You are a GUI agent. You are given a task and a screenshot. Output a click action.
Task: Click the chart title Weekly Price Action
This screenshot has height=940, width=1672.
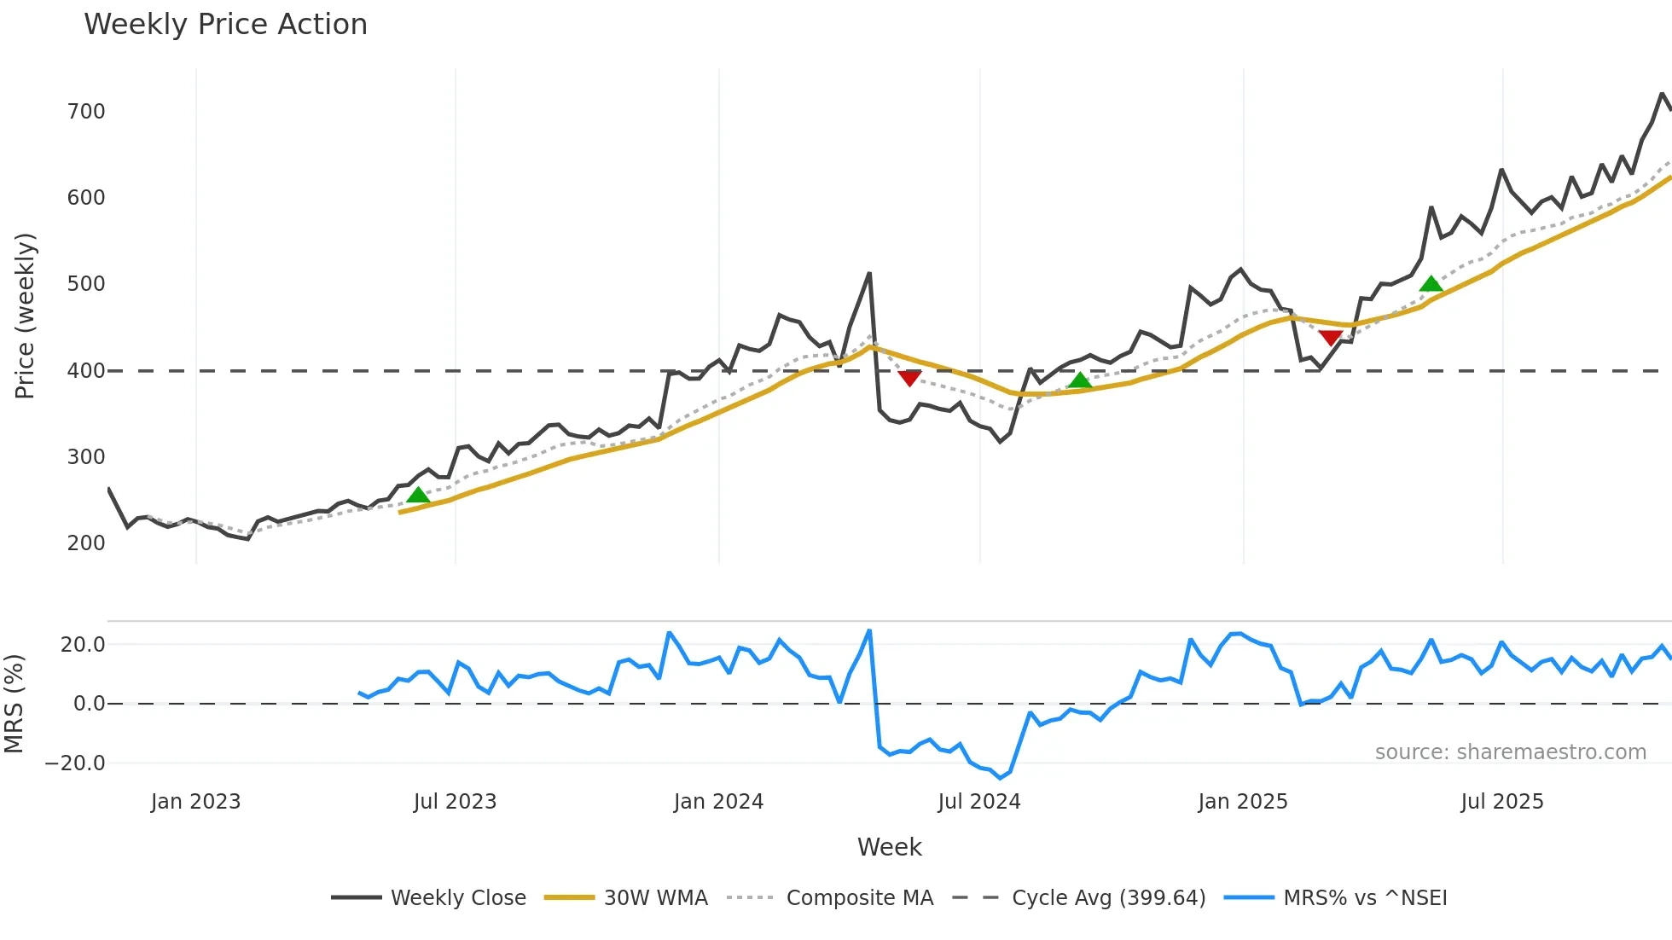pyautogui.click(x=225, y=25)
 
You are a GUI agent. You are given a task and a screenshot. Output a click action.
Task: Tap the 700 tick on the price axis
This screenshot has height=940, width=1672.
pyautogui.click(x=86, y=112)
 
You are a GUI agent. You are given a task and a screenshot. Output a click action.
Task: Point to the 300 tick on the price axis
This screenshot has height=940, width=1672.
pyautogui.click(x=86, y=457)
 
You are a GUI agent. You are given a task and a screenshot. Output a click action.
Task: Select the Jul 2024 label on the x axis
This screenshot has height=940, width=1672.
pyautogui.click(x=978, y=802)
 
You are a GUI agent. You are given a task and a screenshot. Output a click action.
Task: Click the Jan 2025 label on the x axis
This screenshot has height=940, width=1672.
pyautogui.click(x=1242, y=802)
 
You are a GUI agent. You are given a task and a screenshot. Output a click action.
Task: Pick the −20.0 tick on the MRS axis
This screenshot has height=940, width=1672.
pyautogui.click(x=75, y=763)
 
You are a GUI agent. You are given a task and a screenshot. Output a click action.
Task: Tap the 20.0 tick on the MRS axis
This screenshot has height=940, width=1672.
pyautogui.click(x=83, y=645)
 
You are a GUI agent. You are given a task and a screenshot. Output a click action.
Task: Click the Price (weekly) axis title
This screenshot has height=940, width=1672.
pyautogui.click(x=25, y=316)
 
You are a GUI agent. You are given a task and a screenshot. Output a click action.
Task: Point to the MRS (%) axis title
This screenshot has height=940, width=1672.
pyautogui.click(x=14, y=704)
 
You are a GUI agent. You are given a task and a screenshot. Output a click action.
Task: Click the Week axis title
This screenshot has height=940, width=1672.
pyautogui.click(x=889, y=847)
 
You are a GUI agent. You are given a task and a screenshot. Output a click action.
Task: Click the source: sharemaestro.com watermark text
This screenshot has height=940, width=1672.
pyautogui.click(x=1510, y=752)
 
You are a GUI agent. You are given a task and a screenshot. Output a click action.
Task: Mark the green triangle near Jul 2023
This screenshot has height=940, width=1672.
pyautogui.click(x=418, y=496)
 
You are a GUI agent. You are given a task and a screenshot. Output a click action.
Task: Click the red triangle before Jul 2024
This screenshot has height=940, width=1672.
pyautogui.click(x=909, y=378)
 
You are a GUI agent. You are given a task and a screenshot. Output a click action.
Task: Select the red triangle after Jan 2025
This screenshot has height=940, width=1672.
pyautogui.click(x=1330, y=338)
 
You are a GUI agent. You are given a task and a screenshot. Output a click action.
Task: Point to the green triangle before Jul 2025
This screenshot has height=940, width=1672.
pyautogui.click(x=1431, y=284)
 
